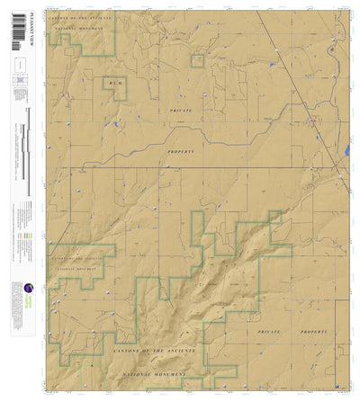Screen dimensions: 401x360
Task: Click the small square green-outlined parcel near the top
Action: point(197,60)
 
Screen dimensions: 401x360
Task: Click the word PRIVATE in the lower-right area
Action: point(276,331)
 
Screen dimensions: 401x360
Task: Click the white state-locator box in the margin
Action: point(19,65)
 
